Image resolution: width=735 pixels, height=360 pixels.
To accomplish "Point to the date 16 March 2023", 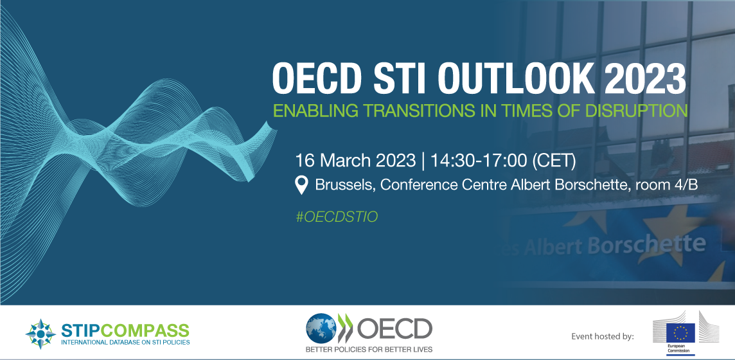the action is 355,161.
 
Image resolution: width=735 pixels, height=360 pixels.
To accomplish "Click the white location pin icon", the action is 302,185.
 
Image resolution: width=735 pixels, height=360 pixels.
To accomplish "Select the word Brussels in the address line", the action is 346,184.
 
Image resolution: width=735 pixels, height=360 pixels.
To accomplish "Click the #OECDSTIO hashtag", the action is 337,217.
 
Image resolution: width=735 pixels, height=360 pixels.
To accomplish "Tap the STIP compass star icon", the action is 40,334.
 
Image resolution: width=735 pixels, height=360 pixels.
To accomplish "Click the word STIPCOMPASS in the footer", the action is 125,330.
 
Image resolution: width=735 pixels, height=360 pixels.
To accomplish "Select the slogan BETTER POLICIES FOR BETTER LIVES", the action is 369,349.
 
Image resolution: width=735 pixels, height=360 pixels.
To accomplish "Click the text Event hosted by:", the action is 603,336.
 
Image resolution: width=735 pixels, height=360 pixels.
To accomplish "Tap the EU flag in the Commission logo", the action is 680,332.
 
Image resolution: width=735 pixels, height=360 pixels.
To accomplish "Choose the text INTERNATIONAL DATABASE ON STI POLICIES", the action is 126,343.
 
